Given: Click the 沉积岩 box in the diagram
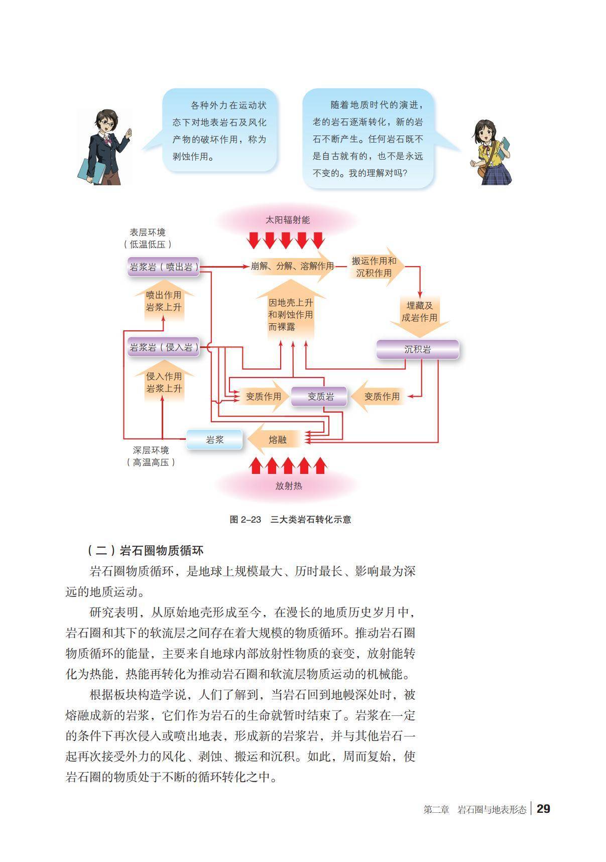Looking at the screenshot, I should tap(417, 349).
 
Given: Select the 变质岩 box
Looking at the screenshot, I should tap(320, 397).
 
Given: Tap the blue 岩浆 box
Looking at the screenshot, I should tap(214, 440).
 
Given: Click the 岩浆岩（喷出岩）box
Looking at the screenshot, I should tap(164, 267).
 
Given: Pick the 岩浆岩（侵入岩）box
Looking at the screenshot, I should tap(164, 347).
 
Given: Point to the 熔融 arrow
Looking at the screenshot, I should tap(276, 440).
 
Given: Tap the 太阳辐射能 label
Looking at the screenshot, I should tap(288, 220).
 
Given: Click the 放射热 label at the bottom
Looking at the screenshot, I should tap(289, 486).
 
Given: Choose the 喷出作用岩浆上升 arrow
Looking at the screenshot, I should tap(164, 301).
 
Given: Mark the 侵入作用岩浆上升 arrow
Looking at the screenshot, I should tap(164, 383).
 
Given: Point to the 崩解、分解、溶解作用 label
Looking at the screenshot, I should tap(292, 266).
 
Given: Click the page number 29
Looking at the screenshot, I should tap(543, 809).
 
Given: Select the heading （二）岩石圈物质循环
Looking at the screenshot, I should tap(145, 551).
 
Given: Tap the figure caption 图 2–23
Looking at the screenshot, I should tap(245, 520).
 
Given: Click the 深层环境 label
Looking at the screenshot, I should tap(151, 450).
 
